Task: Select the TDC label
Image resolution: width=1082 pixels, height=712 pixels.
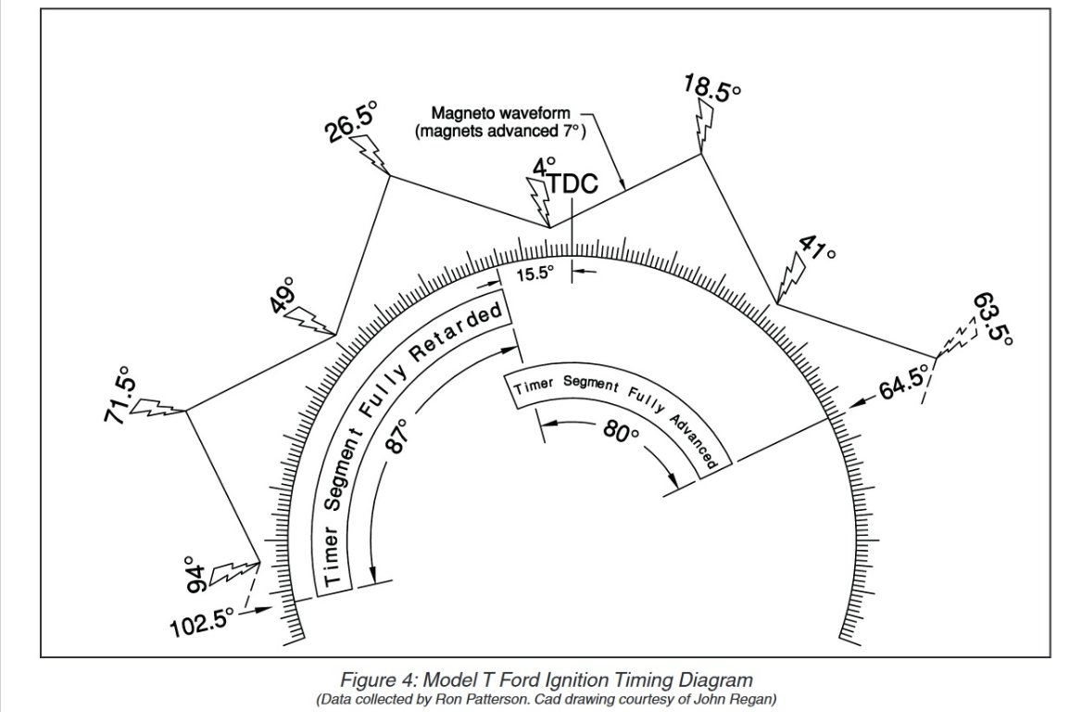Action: click(x=573, y=184)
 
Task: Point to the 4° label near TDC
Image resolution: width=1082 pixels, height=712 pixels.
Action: click(x=543, y=167)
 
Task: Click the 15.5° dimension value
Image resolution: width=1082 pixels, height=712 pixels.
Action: click(x=535, y=273)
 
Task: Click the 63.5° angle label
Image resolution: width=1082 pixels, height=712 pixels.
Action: click(x=993, y=319)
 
